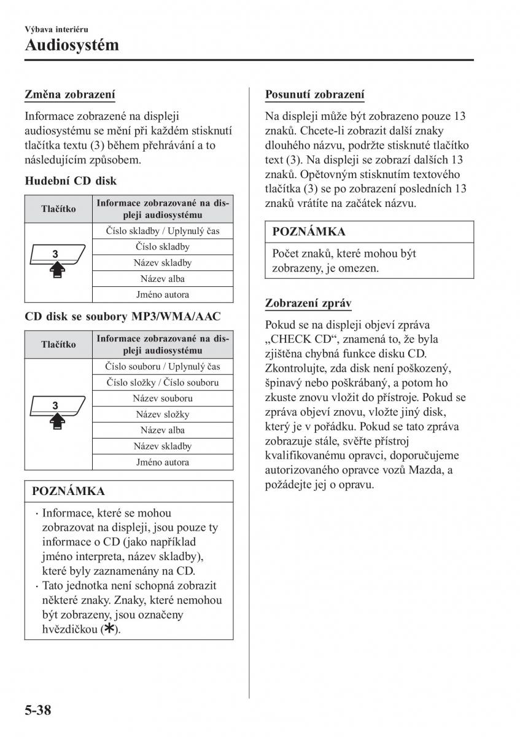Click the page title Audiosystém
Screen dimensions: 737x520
[x=72, y=45]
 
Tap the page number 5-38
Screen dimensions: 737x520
[x=38, y=711]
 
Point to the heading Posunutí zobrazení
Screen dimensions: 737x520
[x=314, y=95]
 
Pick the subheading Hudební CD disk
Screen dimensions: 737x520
[x=71, y=181]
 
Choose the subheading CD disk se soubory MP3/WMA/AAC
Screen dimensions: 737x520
[x=122, y=316]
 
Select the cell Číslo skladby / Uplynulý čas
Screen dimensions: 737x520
[x=162, y=231]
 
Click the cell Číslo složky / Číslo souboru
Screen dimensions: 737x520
[x=162, y=382]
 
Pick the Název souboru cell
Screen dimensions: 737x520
[x=162, y=398]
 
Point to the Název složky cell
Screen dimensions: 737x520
[x=162, y=414]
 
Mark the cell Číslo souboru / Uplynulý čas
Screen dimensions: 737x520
[x=162, y=366]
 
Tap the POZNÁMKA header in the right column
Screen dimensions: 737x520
[x=309, y=232]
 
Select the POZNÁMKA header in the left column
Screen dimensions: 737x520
[x=68, y=491]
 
